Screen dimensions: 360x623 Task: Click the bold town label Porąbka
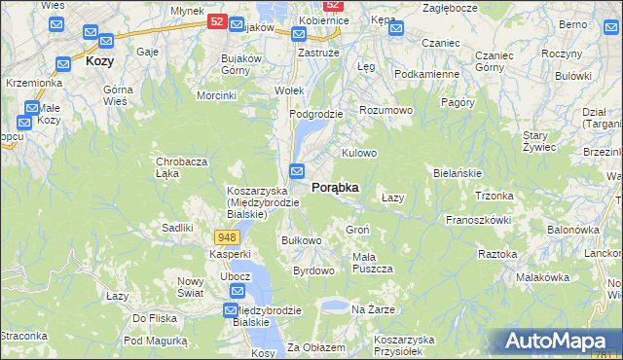click(335, 187)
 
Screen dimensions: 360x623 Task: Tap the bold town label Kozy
click(99, 60)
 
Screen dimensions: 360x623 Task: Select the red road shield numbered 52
click(218, 20)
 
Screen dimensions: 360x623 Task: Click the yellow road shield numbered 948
click(227, 237)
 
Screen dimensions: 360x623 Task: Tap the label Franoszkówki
click(478, 220)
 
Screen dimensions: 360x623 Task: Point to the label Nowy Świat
click(190, 287)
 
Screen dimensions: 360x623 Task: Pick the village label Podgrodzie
click(315, 114)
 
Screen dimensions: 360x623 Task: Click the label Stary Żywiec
click(538, 141)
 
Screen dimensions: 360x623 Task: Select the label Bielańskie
click(458, 173)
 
